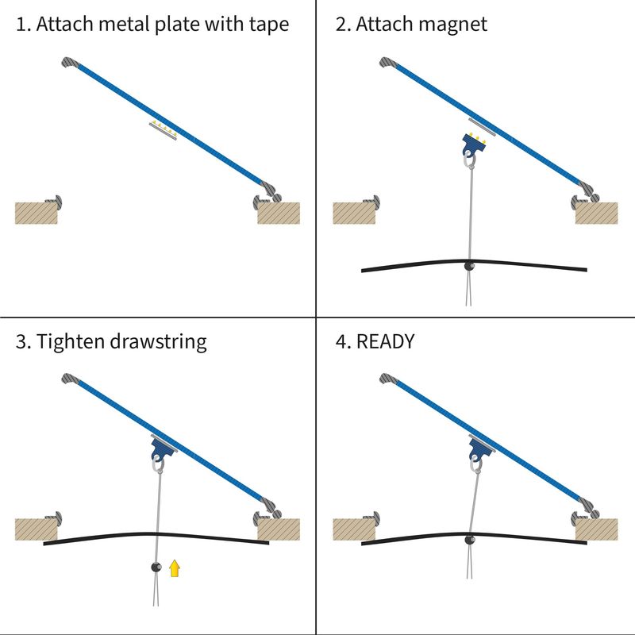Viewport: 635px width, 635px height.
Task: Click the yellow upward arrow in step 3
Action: pos(175,568)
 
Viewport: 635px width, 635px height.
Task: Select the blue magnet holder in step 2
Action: pos(474,145)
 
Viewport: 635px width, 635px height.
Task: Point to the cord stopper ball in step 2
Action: pos(469,266)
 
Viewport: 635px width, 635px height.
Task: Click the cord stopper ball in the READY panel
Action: pos(470,540)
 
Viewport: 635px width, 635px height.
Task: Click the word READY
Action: pos(386,342)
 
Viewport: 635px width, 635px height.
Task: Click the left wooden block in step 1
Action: pos(38,213)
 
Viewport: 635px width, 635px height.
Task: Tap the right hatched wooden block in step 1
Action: pos(279,212)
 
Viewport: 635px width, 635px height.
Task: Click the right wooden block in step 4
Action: pos(596,529)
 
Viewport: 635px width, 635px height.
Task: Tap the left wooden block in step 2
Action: pos(353,213)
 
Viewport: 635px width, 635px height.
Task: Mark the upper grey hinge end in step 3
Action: pos(70,379)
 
